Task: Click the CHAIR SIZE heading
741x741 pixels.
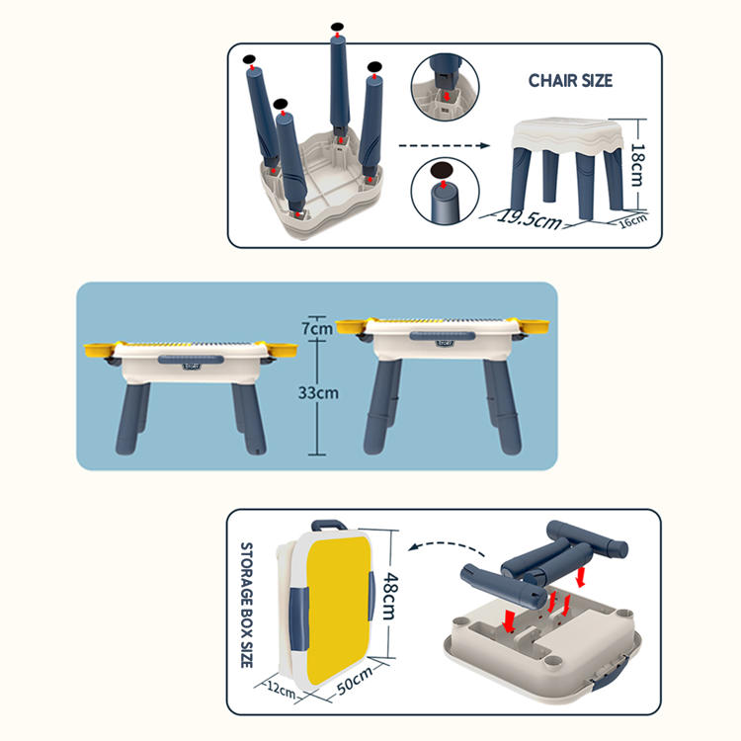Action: click(x=570, y=80)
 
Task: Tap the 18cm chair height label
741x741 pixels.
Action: click(x=637, y=165)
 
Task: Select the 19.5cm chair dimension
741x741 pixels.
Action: click(x=530, y=218)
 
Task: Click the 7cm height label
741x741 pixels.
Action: click(x=317, y=328)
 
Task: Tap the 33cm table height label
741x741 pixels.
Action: click(x=318, y=392)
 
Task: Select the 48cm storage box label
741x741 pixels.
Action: click(x=390, y=597)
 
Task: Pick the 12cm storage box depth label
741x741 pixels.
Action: click(x=282, y=690)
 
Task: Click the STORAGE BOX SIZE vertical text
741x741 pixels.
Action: click(x=247, y=605)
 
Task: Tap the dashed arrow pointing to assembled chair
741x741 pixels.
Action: click(x=445, y=145)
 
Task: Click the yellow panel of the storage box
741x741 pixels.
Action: click(x=338, y=610)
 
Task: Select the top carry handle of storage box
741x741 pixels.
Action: click(x=329, y=525)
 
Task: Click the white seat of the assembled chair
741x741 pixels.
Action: click(x=568, y=135)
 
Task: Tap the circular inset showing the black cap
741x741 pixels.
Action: click(x=445, y=191)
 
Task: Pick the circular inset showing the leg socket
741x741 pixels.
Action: click(x=445, y=87)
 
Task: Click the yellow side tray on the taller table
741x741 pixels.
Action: click(x=534, y=326)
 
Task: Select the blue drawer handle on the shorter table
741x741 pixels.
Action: click(x=191, y=360)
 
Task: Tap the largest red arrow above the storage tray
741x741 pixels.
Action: click(x=509, y=620)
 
